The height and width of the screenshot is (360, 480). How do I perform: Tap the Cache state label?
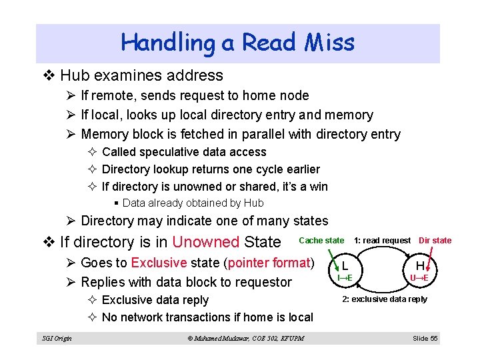[322, 240]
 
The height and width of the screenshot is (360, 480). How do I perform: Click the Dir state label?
[435, 240]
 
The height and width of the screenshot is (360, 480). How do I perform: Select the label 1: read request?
[382, 240]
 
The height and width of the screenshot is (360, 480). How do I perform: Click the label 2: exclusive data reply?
[385, 299]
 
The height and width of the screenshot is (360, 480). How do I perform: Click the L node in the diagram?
[345, 265]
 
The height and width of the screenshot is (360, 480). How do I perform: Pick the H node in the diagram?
[419, 265]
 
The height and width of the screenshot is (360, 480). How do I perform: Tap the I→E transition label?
[345, 277]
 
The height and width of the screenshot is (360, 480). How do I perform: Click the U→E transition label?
[419, 277]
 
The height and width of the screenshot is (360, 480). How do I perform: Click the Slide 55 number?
[425, 338]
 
